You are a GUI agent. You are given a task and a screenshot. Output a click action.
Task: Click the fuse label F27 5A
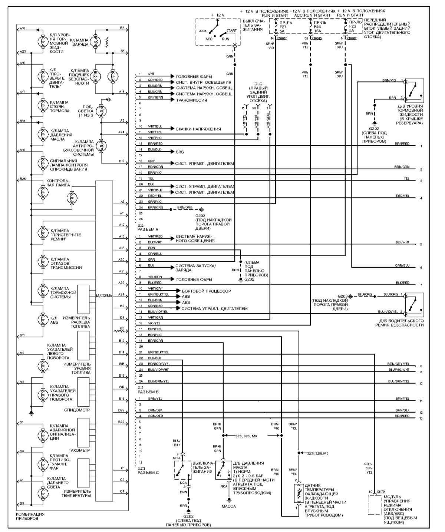click(283, 27)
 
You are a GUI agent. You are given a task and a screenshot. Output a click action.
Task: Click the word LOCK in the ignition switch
click(202, 31)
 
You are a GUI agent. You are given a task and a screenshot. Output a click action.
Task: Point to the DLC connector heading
click(258, 84)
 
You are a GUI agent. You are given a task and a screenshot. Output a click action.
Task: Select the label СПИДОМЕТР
click(77, 410)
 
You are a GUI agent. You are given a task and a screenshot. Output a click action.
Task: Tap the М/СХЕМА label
click(104, 296)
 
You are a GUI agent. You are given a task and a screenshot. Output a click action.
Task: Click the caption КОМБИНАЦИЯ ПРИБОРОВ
click(30, 516)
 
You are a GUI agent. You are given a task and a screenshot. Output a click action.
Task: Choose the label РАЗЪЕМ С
click(148, 473)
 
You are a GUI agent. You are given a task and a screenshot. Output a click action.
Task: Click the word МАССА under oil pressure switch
click(229, 506)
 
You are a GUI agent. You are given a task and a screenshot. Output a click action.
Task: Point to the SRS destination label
click(180, 152)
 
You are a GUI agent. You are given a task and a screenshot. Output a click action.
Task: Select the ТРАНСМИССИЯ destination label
click(191, 100)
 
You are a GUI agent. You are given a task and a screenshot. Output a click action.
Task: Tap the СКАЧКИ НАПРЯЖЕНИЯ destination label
click(198, 129)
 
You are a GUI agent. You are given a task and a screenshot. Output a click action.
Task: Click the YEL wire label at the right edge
click(406, 178)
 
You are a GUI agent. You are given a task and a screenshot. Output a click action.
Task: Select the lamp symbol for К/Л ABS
click(43, 319)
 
